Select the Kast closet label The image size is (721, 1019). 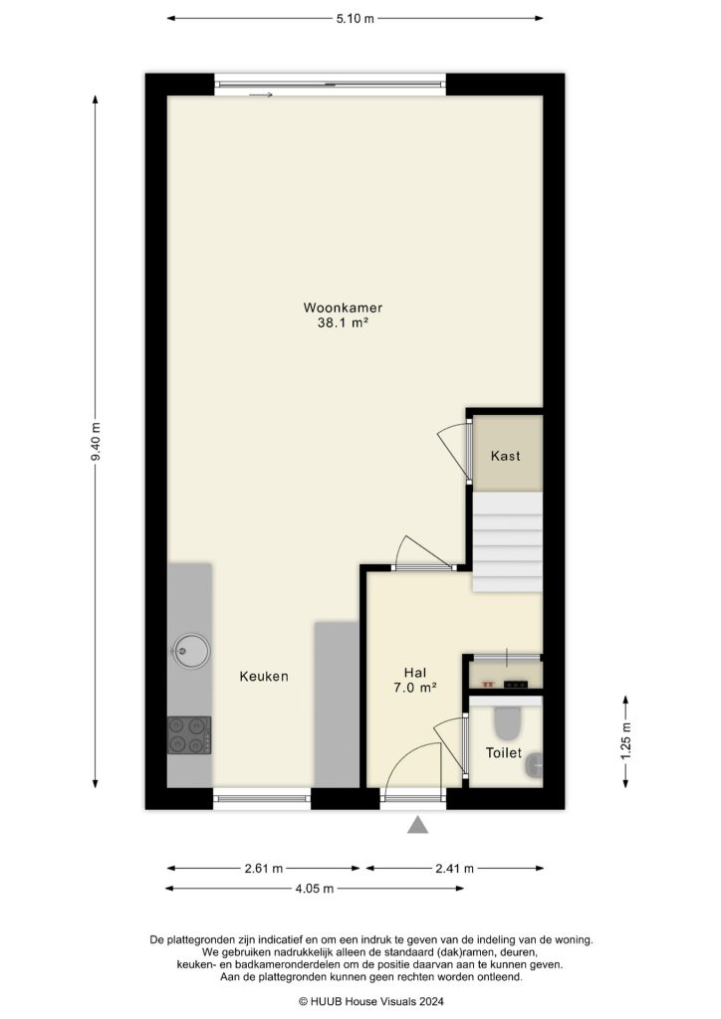tap(506, 456)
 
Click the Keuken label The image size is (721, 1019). tap(264, 677)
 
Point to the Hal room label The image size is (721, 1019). tap(415, 672)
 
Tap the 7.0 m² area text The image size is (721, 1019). tap(415, 688)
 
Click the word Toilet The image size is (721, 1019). tap(504, 753)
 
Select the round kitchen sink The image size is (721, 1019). tap(189, 652)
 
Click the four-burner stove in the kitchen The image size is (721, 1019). tap(189, 735)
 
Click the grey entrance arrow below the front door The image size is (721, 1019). tap(418, 823)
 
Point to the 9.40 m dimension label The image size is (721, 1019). tap(96, 441)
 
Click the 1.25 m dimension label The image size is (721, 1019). tap(624, 740)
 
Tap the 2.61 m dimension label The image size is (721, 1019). tap(264, 867)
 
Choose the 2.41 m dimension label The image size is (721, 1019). tap(454, 867)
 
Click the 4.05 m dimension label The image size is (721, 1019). tap(314, 888)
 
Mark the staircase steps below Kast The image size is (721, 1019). tap(507, 542)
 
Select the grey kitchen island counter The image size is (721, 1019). tap(337, 703)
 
